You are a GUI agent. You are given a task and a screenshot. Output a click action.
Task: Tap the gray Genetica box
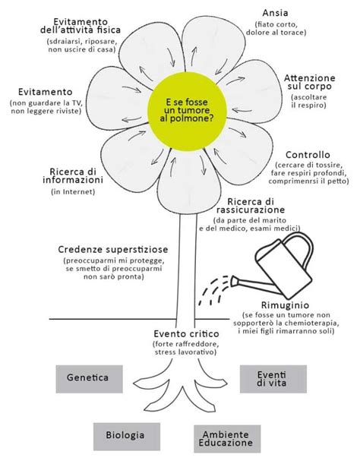click(88, 377)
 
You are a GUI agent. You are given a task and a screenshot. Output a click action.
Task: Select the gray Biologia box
click(129, 436)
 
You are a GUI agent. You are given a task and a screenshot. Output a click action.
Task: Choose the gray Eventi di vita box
click(271, 378)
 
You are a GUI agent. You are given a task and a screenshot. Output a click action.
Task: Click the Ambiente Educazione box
click(226, 437)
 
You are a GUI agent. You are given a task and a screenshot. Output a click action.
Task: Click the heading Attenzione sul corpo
click(308, 83)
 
